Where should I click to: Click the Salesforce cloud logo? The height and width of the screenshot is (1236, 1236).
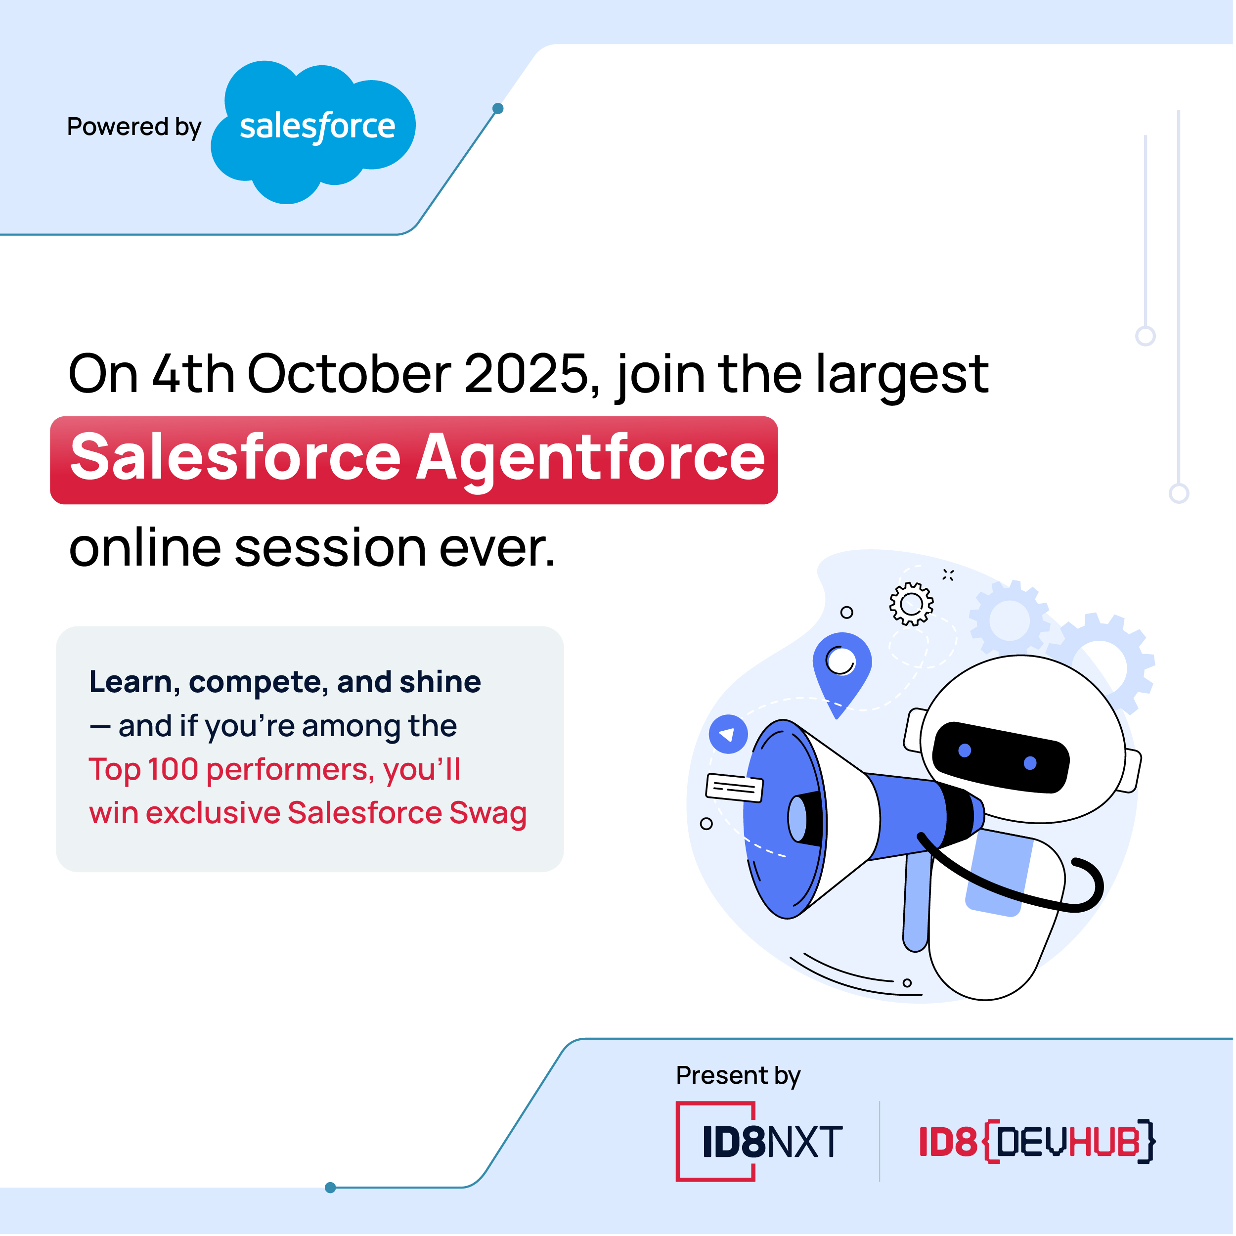pyautogui.click(x=313, y=132)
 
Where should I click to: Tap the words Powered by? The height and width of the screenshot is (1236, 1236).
pyautogui.click(x=134, y=127)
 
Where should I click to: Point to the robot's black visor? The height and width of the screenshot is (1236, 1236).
pyautogui.click(x=1001, y=757)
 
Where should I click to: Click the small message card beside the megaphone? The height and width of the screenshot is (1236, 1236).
pyautogui.click(x=735, y=788)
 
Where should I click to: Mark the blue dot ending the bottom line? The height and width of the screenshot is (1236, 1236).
pyautogui.click(x=331, y=1188)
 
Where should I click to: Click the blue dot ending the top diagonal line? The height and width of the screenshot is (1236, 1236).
pyautogui.click(x=498, y=109)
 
